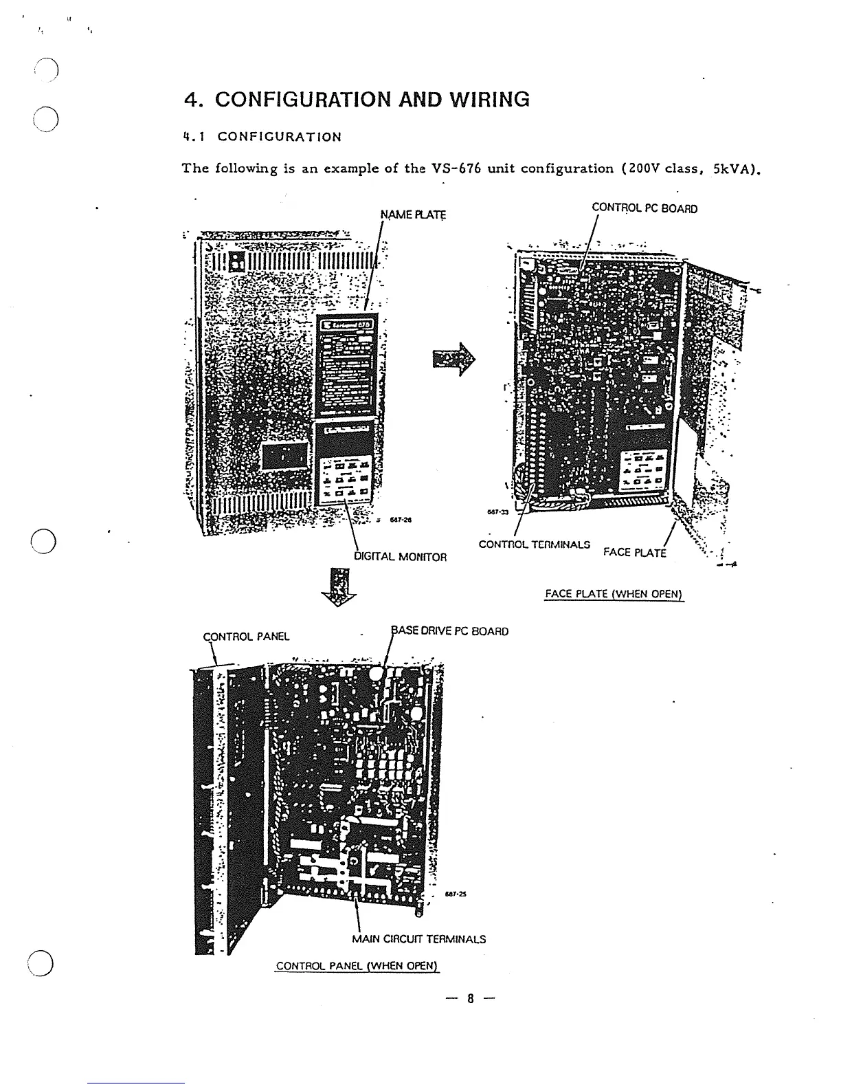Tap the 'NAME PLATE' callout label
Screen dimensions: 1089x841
413,215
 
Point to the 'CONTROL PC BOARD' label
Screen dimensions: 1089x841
644,208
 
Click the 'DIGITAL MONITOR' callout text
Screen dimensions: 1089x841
401,557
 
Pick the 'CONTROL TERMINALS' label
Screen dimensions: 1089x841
534,544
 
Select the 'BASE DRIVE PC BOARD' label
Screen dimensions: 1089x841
450,631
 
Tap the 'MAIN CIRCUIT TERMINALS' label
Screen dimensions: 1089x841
418,939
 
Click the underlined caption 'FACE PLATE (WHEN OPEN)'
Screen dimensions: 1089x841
614,594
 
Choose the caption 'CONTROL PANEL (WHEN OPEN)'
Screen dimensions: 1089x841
357,966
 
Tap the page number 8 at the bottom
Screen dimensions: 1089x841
471,999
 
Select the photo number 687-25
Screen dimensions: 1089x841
455,894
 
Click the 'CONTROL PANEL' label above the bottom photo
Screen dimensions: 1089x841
247,636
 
